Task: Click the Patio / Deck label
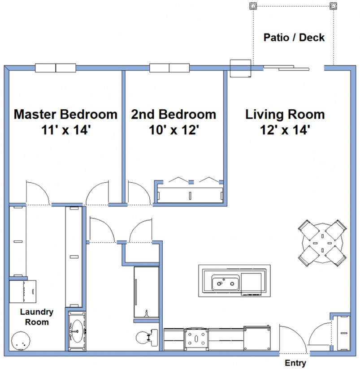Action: coord(294,37)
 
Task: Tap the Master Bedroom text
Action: coord(65,114)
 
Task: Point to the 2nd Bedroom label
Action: coord(173,114)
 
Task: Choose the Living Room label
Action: coord(285,114)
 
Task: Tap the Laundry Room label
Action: coord(36,317)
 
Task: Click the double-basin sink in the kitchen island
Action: coord(225,283)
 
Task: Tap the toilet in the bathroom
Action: coord(146,337)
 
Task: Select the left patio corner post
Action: coord(252,6)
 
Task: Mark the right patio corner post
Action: coord(333,6)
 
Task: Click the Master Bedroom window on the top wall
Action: coord(56,68)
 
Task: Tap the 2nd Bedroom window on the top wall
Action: coord(169,68)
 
